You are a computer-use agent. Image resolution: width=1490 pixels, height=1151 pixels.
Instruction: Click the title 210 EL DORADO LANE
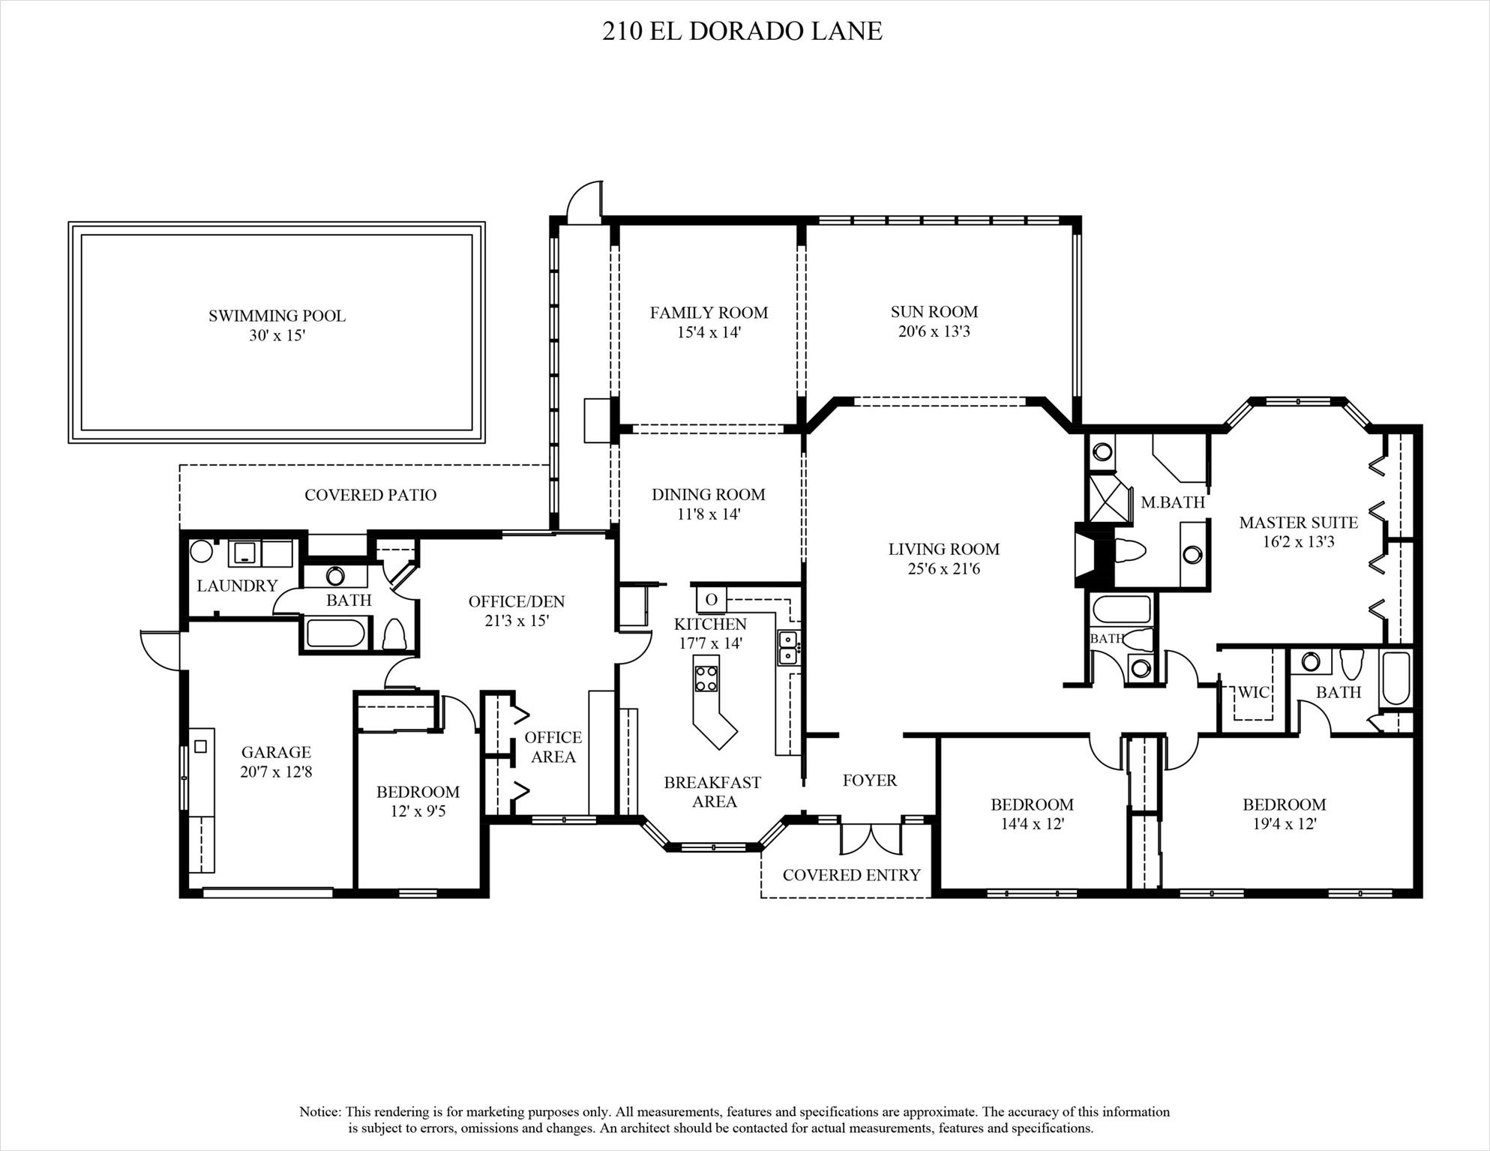coord(742,31)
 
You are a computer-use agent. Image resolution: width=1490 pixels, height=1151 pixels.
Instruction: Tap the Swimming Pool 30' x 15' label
coord(277,325)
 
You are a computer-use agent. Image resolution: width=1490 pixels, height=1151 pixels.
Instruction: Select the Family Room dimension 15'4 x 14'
coord(709,332)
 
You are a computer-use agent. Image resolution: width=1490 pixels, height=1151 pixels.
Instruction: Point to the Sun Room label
coord(934,312)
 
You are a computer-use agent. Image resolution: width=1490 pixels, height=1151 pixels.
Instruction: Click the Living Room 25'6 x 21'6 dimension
coord(943,569)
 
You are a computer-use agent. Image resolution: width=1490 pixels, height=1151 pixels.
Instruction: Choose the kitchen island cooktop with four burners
coord(706,678)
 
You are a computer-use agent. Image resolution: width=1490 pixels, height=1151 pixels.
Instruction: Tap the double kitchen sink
coord(787,647)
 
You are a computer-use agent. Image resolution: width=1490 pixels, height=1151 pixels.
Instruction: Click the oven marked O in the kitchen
coord(711,599)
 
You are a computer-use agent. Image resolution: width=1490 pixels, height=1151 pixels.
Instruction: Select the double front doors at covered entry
coord(870,838)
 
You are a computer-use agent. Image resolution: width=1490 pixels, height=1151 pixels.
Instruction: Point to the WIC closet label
coord(1253,692)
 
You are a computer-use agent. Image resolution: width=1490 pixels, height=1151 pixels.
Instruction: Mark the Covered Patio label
coord(370,495)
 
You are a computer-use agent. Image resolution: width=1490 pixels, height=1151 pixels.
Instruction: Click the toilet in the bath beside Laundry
coord(395,634)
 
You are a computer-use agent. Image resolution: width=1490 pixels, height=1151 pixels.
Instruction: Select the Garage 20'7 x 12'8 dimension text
coord(276,772)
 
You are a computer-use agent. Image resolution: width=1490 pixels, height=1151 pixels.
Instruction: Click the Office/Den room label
coord(516,601)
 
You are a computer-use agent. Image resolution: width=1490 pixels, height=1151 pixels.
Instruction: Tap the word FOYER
coord(869,781)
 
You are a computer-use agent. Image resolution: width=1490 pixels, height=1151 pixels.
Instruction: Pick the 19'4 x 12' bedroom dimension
coord(1284,824)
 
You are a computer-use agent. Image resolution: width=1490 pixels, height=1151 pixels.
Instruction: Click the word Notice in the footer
coord(320,1112)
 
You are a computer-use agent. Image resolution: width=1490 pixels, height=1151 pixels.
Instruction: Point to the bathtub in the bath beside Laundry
coord(336,632)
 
